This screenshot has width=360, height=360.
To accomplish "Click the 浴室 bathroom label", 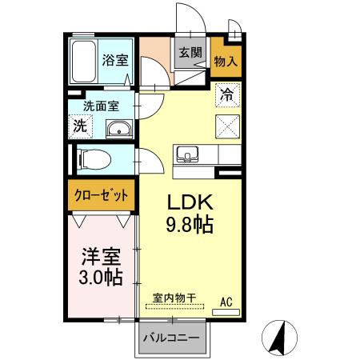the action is pos(115,60).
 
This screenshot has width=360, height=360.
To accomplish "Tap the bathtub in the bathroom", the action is pos(84,61).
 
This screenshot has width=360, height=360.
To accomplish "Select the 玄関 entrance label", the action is pos(190,52).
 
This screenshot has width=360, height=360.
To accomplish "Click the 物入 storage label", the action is pos(226,62).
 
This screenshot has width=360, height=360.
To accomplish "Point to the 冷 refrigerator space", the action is pos(228,94).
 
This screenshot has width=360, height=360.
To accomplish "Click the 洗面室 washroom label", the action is pos(101,106).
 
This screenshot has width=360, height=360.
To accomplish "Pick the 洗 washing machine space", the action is pos(81,126).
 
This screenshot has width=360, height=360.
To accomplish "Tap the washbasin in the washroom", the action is pos(119,129).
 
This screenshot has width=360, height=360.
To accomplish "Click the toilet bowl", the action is pos(94,159).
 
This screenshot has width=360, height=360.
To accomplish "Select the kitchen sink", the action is pos(188,154).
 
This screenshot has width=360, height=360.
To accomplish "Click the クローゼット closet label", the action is pos(102,196).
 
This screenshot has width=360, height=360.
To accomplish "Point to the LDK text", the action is pos(190,202).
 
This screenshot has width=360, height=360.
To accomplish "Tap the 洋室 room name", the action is pos(101,257).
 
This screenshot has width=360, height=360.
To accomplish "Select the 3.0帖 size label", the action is pos(101,278).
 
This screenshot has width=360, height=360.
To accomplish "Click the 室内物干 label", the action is pos(174,298).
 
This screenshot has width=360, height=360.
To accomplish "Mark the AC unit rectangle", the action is pos(226,312).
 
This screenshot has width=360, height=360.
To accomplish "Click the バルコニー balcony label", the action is pos(171,338).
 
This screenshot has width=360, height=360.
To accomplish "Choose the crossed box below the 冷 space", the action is pos(228,126).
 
